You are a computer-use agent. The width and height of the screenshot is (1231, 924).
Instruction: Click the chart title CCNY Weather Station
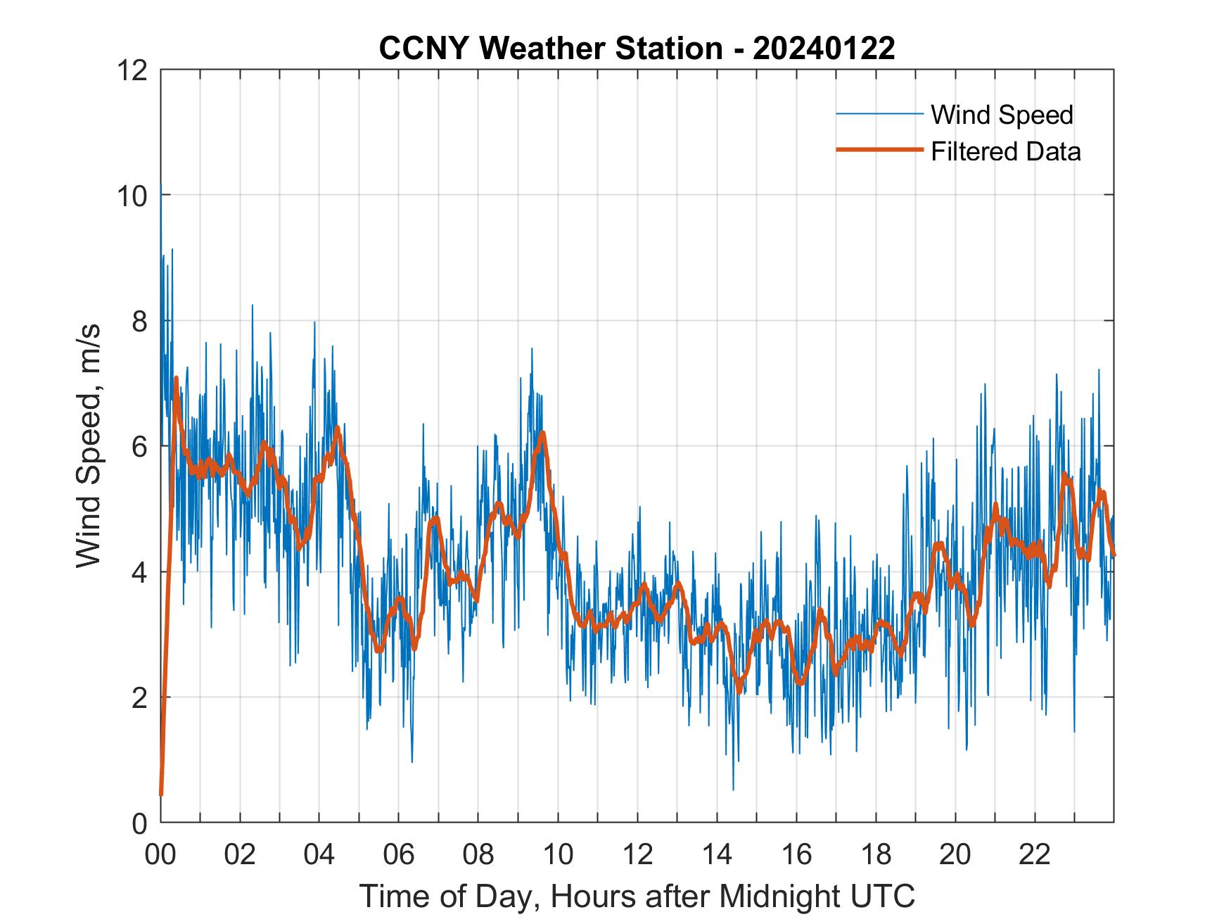pos(550,49)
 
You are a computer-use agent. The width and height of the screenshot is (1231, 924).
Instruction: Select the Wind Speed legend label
pos(1002,115)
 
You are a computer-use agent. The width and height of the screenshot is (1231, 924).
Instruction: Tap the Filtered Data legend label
pos(1005,151)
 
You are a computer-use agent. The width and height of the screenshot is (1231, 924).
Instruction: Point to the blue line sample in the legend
pos(879,114)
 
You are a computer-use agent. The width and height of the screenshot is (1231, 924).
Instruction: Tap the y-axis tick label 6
pos(139,446)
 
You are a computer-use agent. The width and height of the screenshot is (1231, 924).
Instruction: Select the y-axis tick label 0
pos(139,823)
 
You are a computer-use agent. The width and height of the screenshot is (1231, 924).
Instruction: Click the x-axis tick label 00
pos(160,854)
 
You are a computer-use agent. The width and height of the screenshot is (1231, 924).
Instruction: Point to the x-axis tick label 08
pos(478,854)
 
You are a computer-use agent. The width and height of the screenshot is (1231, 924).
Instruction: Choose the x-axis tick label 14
pos(717,854)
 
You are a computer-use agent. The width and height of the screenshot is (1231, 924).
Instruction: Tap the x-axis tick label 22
pos(1035,854)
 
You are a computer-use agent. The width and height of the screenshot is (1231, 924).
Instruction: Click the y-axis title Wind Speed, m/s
pos(89,445)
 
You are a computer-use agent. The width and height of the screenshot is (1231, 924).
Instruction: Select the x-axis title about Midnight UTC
pos(637,897)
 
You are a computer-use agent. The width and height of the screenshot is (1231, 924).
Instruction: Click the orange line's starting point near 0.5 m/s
pos(161,794)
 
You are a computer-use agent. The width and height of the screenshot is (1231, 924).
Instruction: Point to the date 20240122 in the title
pos(823,49)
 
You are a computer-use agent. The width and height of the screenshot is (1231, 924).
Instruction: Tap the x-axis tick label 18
pos(876,854)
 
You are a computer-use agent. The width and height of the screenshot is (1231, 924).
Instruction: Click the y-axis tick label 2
pos(139,697)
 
